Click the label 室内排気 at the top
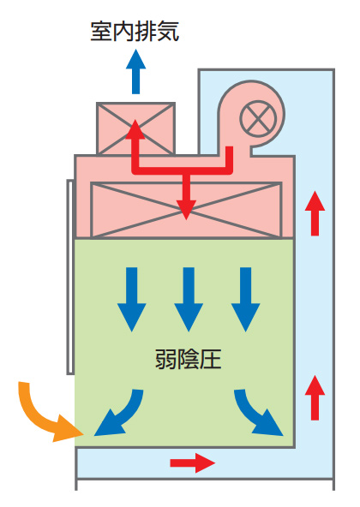coord(135,32)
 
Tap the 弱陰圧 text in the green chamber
coord(189,359)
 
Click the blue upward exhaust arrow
coord(136,71)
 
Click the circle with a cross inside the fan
coord(258,118)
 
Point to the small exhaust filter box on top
coord(136,128)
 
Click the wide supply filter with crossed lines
coord(186,210)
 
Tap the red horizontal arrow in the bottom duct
coord(193,463)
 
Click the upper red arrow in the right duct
coord(315,213)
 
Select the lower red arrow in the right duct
coord(315,397)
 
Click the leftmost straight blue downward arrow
coord(132,300)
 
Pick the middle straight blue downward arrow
coord(189,300)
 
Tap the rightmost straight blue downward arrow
coord(246,300)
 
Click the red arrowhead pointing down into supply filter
coord(186,210)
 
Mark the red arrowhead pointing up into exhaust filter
coord(135,128)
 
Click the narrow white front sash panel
coord(70,277)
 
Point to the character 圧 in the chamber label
coord(211,359)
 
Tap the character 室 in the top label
coord(101,32)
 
